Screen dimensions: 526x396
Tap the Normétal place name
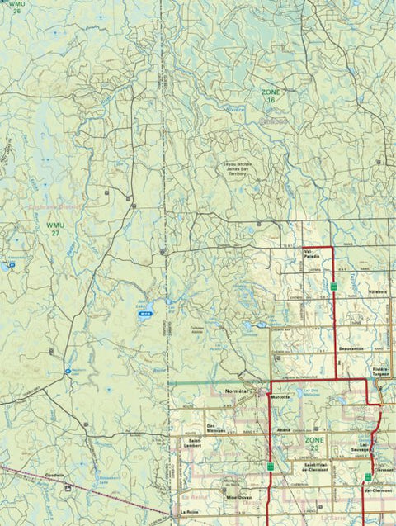point(237,390)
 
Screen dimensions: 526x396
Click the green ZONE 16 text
point(271,96)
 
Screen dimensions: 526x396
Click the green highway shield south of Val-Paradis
point(333,286)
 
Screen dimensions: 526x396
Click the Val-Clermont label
point(377,491)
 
